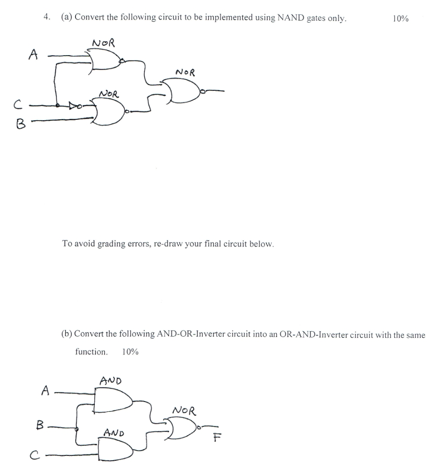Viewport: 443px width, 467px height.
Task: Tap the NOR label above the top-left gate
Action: pos(103,43)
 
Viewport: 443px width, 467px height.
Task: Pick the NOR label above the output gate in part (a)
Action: pos(185,72)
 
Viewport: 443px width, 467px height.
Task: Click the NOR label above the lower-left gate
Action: pos(109,94)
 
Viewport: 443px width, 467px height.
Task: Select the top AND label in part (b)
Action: pos(111,381)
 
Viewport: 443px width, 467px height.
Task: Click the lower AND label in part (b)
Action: pos(114,432)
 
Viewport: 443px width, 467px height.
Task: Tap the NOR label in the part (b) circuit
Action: pos(184,410)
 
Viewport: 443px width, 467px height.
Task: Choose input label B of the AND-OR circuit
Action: pos(40,426)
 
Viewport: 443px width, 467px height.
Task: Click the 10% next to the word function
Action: pos(129,352)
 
